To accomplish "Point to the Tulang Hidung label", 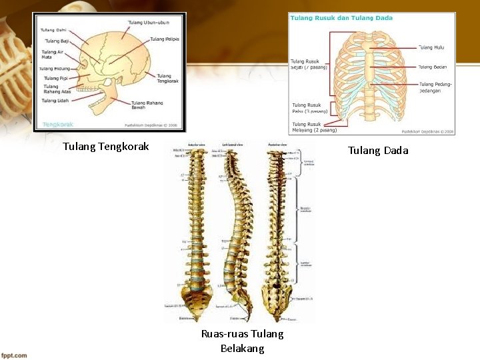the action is click(55, 69).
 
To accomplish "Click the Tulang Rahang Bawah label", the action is click(147, 105).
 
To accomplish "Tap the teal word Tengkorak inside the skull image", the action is click(58, 125).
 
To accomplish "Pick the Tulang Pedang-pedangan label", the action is click(435, 87).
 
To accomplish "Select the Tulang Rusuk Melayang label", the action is click(315, 127).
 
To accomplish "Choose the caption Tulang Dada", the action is click(378, 151).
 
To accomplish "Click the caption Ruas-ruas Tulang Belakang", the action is click(242, 341).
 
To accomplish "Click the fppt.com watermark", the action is click(14, 355).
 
